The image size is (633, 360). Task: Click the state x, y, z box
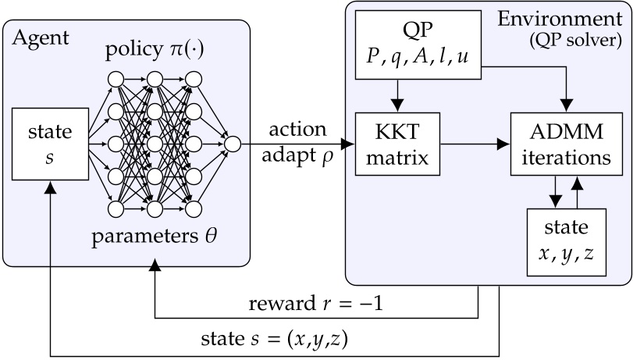point(567,243)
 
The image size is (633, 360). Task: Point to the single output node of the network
point(232,143)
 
